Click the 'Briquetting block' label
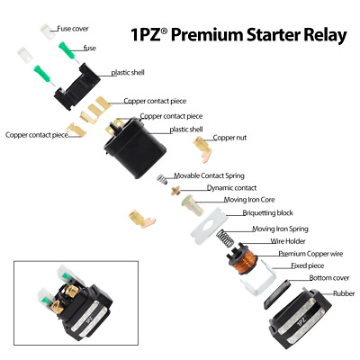point(268,213)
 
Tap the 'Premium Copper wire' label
point(310,254)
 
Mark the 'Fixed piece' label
point(309,265)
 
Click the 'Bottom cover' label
point(328,278)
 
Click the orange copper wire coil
point(242,259)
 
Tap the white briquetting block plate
point(211,221)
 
